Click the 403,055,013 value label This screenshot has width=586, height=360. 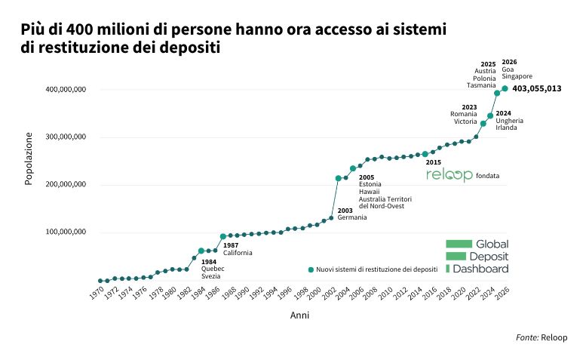536,88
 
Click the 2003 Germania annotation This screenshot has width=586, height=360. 352,214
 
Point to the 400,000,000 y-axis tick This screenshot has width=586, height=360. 66,89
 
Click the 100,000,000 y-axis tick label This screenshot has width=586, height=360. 66,232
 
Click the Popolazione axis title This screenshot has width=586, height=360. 29,158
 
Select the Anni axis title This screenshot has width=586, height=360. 299,315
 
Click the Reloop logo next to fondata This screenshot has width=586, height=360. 449,175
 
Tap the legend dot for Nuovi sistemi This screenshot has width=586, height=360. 311,269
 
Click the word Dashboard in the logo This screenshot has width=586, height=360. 480,269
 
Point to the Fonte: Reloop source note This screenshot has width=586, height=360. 542,337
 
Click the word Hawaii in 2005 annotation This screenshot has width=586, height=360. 369,192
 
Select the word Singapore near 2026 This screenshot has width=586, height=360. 517,76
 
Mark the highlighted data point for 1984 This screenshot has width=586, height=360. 201,251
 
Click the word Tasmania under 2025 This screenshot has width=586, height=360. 481,85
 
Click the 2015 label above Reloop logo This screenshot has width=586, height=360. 434,162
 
